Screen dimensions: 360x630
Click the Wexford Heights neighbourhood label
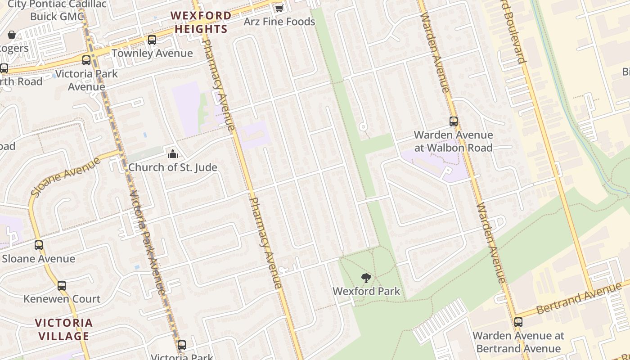click(201, 22)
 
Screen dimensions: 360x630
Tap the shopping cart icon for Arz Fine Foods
click(279, 8)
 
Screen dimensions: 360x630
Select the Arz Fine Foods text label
click(279, 22)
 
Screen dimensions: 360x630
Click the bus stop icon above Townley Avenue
click(152, 40)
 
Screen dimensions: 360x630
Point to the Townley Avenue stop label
click(152, 53)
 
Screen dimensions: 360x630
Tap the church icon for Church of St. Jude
click(173, 154)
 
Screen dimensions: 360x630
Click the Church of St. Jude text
click(173, 167)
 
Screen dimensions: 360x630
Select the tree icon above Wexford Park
click(366, 278)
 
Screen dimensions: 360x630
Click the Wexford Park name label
click(366, 291)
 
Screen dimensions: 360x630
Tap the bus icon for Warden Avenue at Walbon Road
click(454, 121)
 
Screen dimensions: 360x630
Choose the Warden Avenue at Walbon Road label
click(453, 141)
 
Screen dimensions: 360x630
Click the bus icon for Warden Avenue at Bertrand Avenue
click(518, 322)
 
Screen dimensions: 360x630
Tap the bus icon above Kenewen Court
click(62, 286)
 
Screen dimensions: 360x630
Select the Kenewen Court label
click(62, 299)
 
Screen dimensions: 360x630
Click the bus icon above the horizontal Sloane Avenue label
click(39, 245)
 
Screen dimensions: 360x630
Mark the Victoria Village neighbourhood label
click(64, 329)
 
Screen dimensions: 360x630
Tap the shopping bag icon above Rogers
click(12, 35)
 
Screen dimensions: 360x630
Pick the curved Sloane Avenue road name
click(65, 176)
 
